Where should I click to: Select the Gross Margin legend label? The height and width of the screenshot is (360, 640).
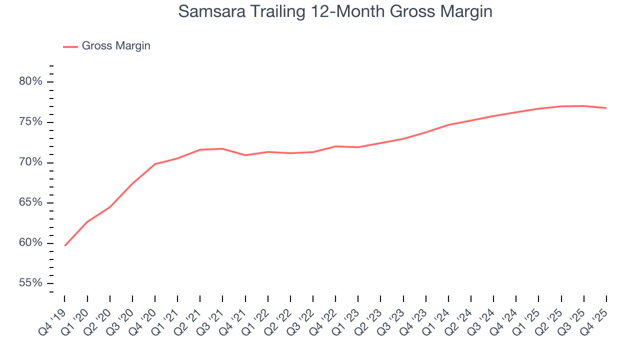(116, 46)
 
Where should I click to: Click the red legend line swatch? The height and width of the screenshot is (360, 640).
(70, 46)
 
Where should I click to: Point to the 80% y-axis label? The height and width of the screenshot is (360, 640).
(31, 82)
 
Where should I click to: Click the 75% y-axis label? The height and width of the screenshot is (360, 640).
(31, 122)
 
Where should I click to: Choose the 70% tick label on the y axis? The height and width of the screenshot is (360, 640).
(31, 162)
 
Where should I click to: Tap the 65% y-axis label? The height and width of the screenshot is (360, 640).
(31, 203)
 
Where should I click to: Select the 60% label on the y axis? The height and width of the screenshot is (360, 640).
(31, 243)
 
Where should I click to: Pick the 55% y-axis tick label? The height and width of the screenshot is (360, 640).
(31, 283)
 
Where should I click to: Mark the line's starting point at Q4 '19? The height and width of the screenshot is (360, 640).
(65, 245)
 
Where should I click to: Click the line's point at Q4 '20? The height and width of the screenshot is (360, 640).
(155, 164)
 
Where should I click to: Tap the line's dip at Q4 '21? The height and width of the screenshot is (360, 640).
(245, 155)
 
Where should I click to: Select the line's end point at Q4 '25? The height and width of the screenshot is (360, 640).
(606, 108)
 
